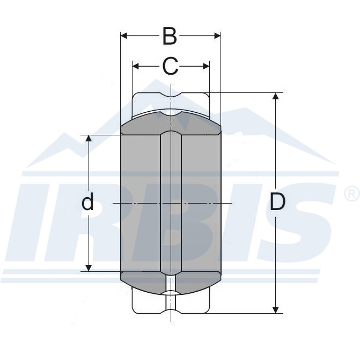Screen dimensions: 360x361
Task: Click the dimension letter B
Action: click(170, 36)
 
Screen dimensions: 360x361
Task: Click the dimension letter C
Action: click(170, 66)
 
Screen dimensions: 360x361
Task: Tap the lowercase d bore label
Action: click(87, 201)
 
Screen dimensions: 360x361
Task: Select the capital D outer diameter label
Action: click(277, 201)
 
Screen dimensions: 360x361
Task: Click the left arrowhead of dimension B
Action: click(124, 36)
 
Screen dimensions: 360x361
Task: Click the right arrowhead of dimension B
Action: click(217, 36)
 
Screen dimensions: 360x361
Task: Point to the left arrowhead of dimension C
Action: click(136, 66)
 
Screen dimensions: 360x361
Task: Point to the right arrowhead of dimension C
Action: click(206, 66)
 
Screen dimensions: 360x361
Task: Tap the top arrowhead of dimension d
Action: click(89, 139)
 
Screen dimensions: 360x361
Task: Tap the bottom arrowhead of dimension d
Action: click(89, 268)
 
